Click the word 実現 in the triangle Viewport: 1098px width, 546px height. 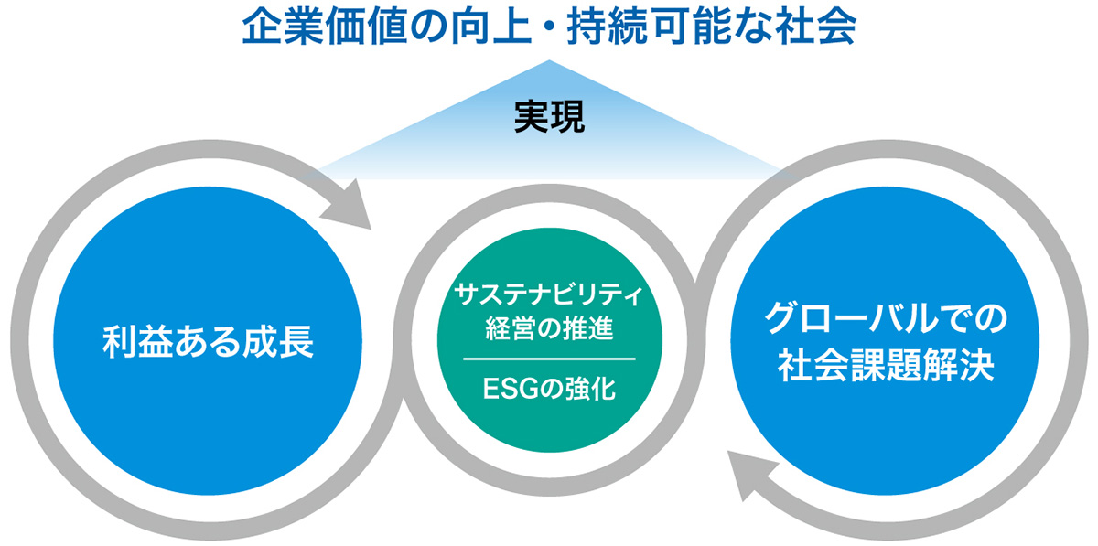coord(549,119)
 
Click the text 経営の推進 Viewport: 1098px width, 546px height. coord(549,325)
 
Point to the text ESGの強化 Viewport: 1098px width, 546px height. coord(549,391)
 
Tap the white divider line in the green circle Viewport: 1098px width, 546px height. coord(549,359)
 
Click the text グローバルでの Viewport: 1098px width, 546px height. coord(886,320)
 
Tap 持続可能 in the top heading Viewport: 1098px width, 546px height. coord(640,29)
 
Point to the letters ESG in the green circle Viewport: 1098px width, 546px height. coord(513,391)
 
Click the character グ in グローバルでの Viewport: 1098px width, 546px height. coord(782,320)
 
